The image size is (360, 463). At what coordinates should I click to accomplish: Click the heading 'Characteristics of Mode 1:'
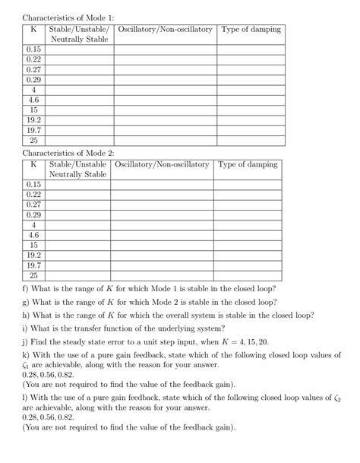(x=68, y=17)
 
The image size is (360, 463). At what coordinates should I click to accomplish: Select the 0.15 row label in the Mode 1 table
(x=33, y=49)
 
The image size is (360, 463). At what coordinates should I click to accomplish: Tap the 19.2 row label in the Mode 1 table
(x=33, y=120)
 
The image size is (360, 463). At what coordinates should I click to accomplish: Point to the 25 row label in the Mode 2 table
(x=33, y=276)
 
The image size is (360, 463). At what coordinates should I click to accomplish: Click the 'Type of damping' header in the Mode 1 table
(x=251, y=30)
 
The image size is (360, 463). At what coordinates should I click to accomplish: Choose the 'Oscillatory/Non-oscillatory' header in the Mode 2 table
(x=161, y=164)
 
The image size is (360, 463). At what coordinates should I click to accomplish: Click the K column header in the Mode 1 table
(x=33, y=30)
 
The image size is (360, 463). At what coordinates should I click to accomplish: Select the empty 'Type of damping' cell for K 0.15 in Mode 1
(x=251, y=49)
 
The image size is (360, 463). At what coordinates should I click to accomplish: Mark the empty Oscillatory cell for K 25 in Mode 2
(x=161, y=276)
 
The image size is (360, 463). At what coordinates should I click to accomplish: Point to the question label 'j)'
(x=26, y=341)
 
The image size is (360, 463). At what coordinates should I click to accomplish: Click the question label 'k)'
(x=27, y=354)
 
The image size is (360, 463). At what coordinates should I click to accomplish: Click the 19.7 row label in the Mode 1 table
(x=33, y=130)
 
